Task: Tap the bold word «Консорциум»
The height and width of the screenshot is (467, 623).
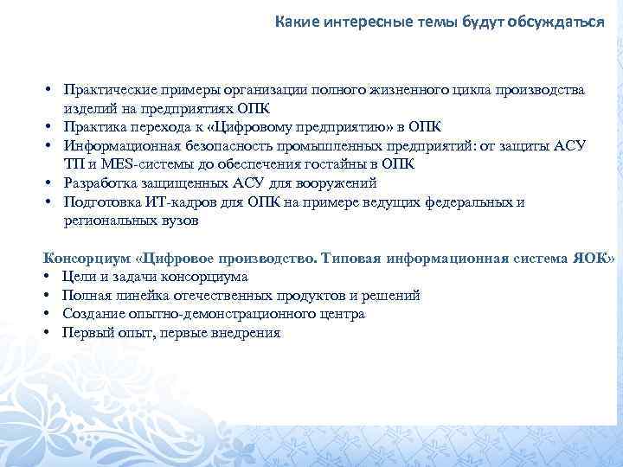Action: tap(87, 258)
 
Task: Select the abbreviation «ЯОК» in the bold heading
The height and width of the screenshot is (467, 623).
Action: tap(596, 258)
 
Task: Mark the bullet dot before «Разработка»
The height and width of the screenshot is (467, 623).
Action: tap(50, 183)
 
